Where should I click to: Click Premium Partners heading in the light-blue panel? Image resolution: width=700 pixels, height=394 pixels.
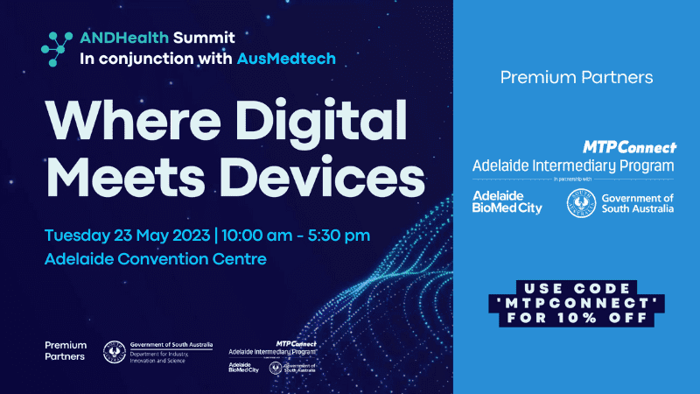(577, 78)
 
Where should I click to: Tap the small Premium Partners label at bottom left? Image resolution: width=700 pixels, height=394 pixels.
(66, 351)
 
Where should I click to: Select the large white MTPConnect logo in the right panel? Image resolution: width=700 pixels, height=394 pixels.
(629, 147)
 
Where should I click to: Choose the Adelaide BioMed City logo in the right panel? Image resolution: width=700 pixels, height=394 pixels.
(507, 201)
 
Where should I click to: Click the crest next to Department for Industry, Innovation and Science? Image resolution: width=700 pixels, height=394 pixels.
(114, 351)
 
